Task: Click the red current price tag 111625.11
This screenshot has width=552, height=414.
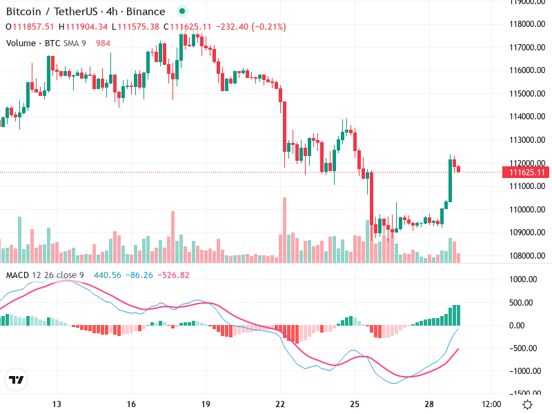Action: pos(527,172)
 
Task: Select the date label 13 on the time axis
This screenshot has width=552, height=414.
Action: pos(57,404)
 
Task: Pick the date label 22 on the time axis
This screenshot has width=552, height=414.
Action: pos(280,404)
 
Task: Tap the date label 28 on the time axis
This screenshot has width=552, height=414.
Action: pos(428,404)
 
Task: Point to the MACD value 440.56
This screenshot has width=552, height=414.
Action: pos(107,275)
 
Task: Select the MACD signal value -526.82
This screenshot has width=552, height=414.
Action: pos(172,275)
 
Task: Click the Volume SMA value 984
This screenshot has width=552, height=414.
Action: pos(103,43)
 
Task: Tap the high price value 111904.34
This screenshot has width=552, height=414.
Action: pos(86,27)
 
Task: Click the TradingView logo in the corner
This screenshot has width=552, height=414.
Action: pos(16,379)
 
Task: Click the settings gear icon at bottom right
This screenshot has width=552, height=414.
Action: pos(527,404)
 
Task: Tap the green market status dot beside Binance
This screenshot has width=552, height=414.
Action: pos(181,12)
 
